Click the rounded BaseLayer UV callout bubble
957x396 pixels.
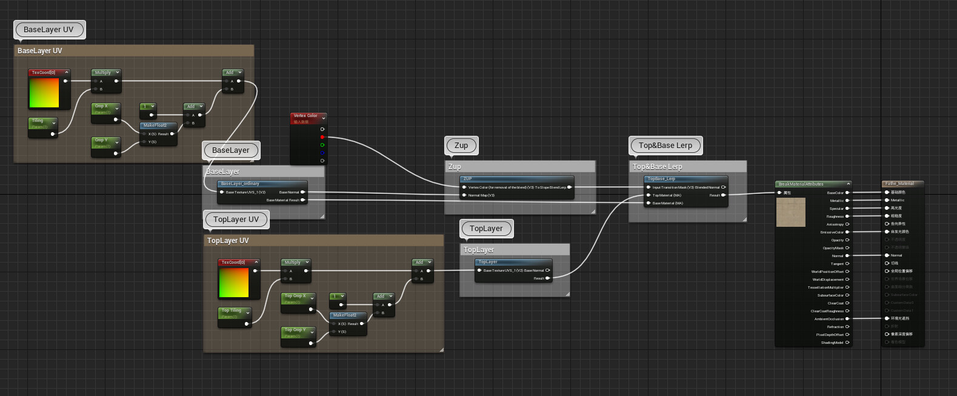(48, 30)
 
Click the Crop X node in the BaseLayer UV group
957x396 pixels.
(105, 109)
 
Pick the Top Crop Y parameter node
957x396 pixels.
(298, 333)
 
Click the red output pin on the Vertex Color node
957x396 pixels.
(322, 137)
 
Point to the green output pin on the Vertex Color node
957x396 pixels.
(322, 145)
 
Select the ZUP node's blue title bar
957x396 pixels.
(516, 179)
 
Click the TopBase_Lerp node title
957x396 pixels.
(685, 179)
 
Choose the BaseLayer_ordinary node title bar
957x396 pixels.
(261, 183)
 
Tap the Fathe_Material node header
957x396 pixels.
(901, 183)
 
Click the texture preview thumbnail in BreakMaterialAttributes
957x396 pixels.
(791, 212)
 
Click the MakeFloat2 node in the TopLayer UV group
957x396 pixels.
(348, 320)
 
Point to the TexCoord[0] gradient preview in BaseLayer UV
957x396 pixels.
(44, 93)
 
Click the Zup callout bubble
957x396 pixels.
(461, 146)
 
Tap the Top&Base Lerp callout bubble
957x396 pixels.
(665, 146)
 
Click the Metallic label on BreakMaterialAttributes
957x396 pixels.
(836, 201)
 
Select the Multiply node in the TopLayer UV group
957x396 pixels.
(295, 266)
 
